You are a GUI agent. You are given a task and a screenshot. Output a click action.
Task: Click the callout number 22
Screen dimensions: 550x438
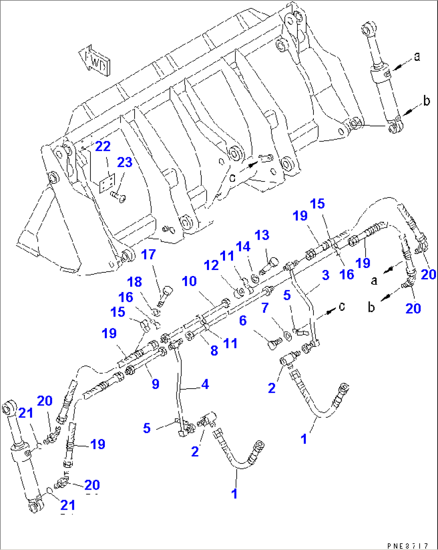[x=103, y=146]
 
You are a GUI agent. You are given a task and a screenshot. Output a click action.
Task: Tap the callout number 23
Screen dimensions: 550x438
[x=125, y=163]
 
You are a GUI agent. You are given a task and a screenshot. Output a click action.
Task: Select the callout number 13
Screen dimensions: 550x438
[x=262, y=235]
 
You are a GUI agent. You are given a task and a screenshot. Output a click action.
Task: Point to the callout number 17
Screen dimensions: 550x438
[x=148, y=254]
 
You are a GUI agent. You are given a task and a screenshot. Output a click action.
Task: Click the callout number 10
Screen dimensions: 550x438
[x=189, y=281]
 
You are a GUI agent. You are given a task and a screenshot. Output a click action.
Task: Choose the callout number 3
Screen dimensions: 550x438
[x=325, y=275]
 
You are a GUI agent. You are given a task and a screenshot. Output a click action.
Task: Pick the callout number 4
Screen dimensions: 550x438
[x=205, y=384]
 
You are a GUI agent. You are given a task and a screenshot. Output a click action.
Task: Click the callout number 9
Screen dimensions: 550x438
[x=156, y=384]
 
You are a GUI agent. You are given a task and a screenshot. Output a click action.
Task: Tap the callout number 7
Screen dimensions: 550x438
[x=265, y=308]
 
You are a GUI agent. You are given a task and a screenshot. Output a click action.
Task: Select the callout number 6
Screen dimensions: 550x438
[x=243, y=321]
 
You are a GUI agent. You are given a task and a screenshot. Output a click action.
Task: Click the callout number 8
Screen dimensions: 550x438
[x=214, y=350]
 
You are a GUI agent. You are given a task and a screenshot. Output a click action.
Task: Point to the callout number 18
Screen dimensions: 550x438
[x=135, y=282]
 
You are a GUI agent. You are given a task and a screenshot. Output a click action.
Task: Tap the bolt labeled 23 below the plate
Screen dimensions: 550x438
[x=118, y=196]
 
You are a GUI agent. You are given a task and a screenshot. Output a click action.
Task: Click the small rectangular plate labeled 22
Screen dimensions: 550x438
[x=107, y=183]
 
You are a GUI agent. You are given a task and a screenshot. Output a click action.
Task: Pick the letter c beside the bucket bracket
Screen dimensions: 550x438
[x=232, y=177]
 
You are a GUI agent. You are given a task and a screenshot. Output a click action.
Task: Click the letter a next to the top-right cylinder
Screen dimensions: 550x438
[x=417, y=57]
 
